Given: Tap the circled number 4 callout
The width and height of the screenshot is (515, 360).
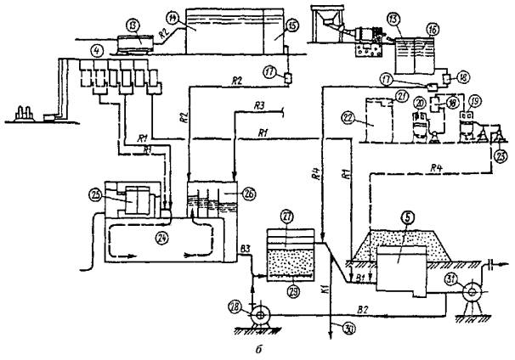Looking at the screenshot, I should click(75, 59).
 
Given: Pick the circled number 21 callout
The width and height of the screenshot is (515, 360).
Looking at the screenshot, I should click(402, 94).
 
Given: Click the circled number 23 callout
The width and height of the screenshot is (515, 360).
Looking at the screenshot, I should click(499, 155).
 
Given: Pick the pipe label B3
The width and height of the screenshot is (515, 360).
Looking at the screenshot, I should click(246, 248).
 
